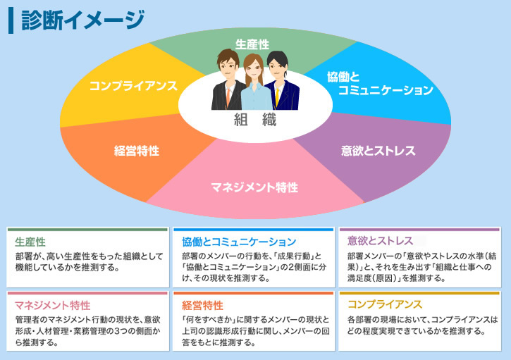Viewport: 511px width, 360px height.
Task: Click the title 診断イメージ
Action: tap(82, 20)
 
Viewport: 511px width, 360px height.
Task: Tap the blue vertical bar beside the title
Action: tap(11, 20)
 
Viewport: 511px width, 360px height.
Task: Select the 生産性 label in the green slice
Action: tap(252, 44)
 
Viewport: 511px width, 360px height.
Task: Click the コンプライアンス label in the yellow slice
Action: tap(133, 86)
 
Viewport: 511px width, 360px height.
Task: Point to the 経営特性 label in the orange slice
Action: tap(137, 151)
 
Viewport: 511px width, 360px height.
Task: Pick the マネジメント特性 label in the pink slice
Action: tap(254, 187)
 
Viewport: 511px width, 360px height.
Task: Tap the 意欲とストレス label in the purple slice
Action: tap(378, 151)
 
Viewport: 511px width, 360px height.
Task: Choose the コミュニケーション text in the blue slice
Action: tap(386, 90)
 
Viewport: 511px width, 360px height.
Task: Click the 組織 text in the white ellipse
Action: tap(255, 120)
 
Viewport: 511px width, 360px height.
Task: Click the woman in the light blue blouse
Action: tap(256, 85)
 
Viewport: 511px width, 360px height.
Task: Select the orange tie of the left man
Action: tap(228, 97)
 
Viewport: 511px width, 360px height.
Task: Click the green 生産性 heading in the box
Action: tap(30, 242)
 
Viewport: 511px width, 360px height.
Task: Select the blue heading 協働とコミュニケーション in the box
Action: tap(239, 242)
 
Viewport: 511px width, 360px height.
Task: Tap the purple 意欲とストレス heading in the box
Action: tap(380, 241)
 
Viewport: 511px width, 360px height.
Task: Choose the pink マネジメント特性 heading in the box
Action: tap(52, 305)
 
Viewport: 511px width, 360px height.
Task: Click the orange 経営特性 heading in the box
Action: tap(202, 305)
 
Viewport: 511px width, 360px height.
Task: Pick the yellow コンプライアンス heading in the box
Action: tap(385, 304)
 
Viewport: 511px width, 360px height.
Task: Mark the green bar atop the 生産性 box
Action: tap(87, 230)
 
